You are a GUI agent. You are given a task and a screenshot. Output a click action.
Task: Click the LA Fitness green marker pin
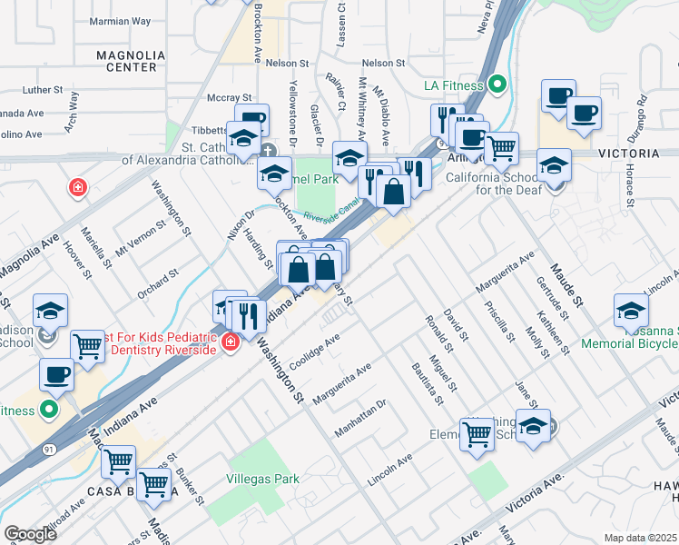(497, 86)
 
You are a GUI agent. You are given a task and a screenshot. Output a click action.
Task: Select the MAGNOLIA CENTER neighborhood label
(131, 61)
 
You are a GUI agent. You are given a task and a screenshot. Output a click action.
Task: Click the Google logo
(30, 534)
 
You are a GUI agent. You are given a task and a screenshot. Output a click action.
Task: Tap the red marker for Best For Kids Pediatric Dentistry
(231, 342)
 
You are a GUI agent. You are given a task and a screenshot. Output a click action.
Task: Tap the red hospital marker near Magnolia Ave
(79, 188)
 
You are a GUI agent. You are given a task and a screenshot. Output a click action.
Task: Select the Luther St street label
(43, 91)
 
